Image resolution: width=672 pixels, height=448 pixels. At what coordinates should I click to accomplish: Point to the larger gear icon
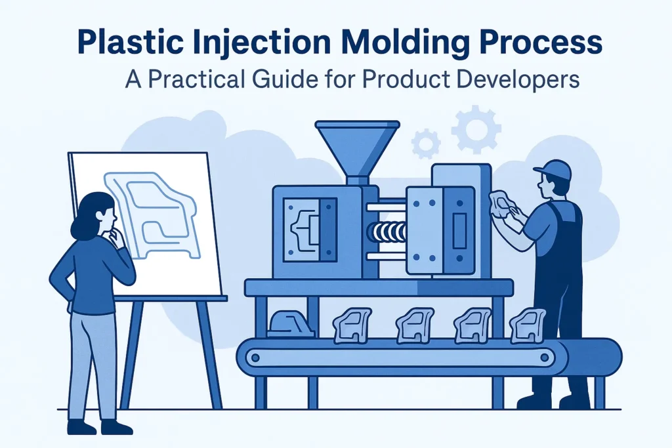coord(476,129)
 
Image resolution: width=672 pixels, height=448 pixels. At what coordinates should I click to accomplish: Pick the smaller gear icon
coord(426,142)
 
